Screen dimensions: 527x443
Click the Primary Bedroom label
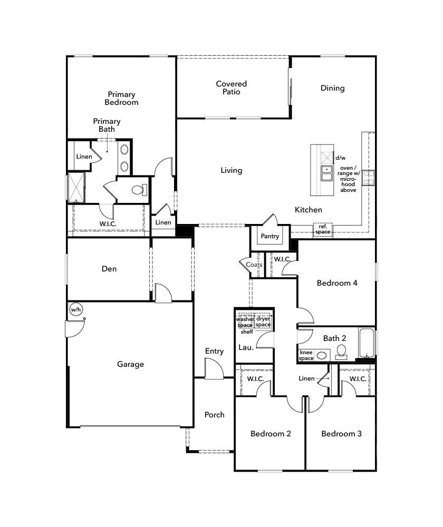[x=121, y=99]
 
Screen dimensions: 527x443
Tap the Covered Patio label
[x=231, y=87]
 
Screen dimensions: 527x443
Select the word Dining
[x=332, y=88]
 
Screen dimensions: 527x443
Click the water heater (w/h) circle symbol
[x=76, y=309]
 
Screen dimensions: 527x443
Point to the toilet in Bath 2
[x=341, y=351]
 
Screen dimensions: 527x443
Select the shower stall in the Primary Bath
[x=76, y=187]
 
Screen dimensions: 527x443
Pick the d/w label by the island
[x=340, y=158]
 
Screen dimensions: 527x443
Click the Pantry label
[x=270, y=236]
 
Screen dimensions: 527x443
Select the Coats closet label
[x=247, y=265]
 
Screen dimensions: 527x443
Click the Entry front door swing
[x=214, y=369]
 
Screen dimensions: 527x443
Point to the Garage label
[x=130, y=364]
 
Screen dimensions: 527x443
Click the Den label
[x=109, y=269]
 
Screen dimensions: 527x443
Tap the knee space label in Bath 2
[x=306, y=355]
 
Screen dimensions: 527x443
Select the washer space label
[x=245, y=322]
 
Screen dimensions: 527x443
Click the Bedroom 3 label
[x=341, y=434]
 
